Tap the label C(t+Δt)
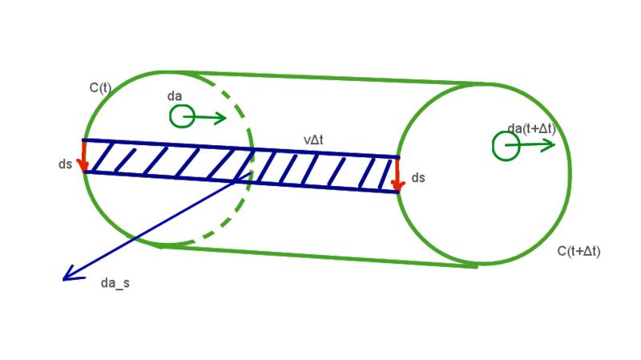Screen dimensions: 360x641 579,251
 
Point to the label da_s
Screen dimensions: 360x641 115,283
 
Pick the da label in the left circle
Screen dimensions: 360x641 175,96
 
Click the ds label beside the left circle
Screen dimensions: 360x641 66,165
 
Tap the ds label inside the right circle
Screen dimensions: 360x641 418,177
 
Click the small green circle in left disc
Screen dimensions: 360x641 182,117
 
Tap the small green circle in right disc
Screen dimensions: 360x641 506,145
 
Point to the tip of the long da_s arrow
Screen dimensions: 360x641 63,280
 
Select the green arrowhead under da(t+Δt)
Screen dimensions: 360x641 549,144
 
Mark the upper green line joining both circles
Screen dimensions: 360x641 337,77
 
